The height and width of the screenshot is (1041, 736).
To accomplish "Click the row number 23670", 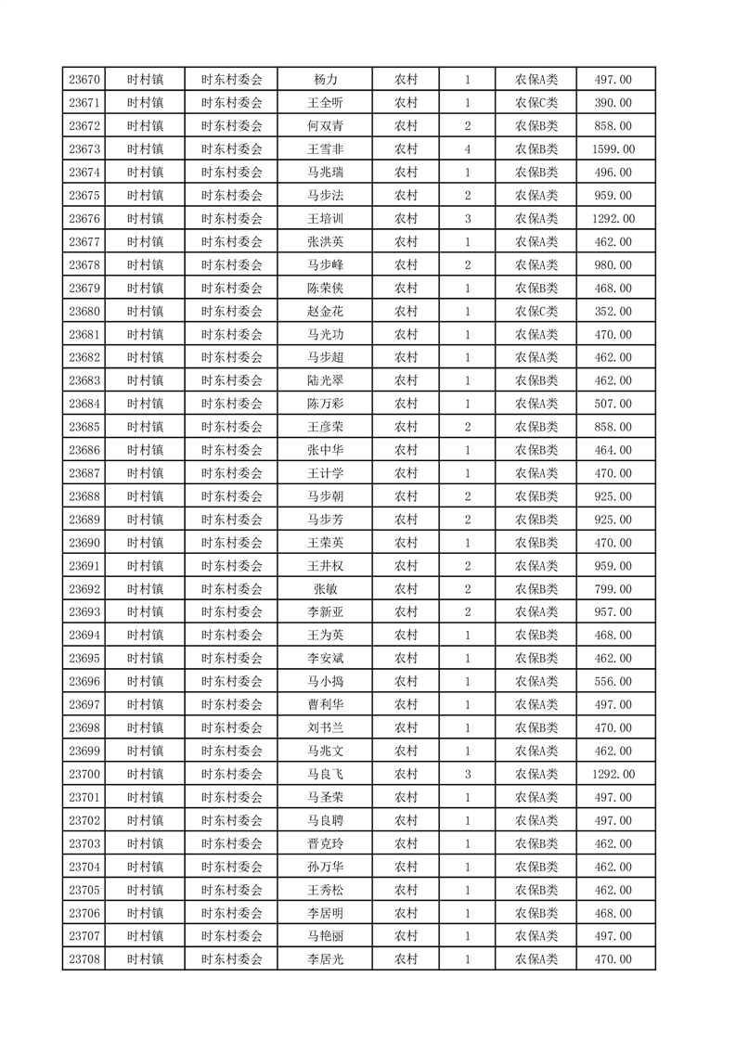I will coord(84,80).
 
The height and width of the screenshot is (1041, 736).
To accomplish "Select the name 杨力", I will coord(325,80).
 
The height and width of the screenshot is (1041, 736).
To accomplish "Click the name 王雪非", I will coord(325,149).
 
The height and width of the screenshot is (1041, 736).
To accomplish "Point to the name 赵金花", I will coord(325,312).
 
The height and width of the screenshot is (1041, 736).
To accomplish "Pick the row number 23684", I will coord(84,404).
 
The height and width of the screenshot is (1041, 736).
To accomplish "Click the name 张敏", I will coord(325,589).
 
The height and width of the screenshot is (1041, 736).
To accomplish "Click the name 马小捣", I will coord(325,682).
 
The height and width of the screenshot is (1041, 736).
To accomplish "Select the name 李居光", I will coord(325,959).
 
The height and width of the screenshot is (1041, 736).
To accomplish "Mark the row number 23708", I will coord(84,959).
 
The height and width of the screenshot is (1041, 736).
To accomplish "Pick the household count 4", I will coord(467,149).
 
